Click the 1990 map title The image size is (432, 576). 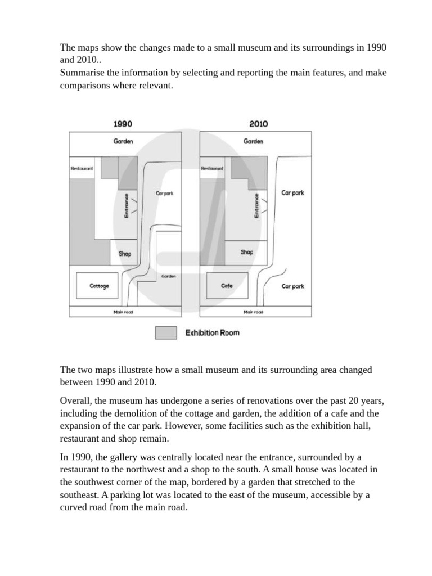[123, 124]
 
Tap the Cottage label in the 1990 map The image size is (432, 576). [100, 286]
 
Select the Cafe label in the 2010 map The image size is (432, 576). [227, 286]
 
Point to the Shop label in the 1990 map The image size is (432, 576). [125, 254]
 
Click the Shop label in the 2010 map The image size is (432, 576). [247, 252]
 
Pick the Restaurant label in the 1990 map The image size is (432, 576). [82, 168]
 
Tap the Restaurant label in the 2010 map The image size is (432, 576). [212, 168]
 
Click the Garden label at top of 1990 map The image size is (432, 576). [123, 142]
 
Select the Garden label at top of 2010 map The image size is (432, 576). [253, 142]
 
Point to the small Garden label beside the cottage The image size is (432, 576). [169, 276]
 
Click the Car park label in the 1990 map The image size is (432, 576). [165, 193]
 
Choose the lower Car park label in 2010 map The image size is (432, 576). [292, 286]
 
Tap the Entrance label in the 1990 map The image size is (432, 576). [127, 205]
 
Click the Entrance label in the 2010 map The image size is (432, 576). [256, 205]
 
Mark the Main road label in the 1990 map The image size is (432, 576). [124, 312]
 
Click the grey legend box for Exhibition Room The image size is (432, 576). [166, 333]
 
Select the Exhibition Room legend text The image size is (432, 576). [212, 333]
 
